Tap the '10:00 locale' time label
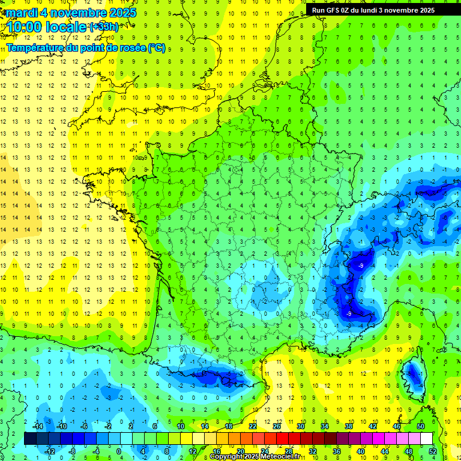(47, 27)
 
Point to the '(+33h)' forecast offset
(104, 27)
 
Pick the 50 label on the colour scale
(421, 426)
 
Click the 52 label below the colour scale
(433, 451)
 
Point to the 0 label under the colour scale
(118, 451)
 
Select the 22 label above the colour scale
(253, 426)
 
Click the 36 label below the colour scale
(337, 451)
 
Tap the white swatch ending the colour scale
(427, 438)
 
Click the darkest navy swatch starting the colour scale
(30, 438)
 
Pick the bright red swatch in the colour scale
(283, 438)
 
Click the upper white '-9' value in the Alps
(360, 265)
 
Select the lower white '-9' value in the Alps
(349, 313)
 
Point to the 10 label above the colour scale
(181, 426)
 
